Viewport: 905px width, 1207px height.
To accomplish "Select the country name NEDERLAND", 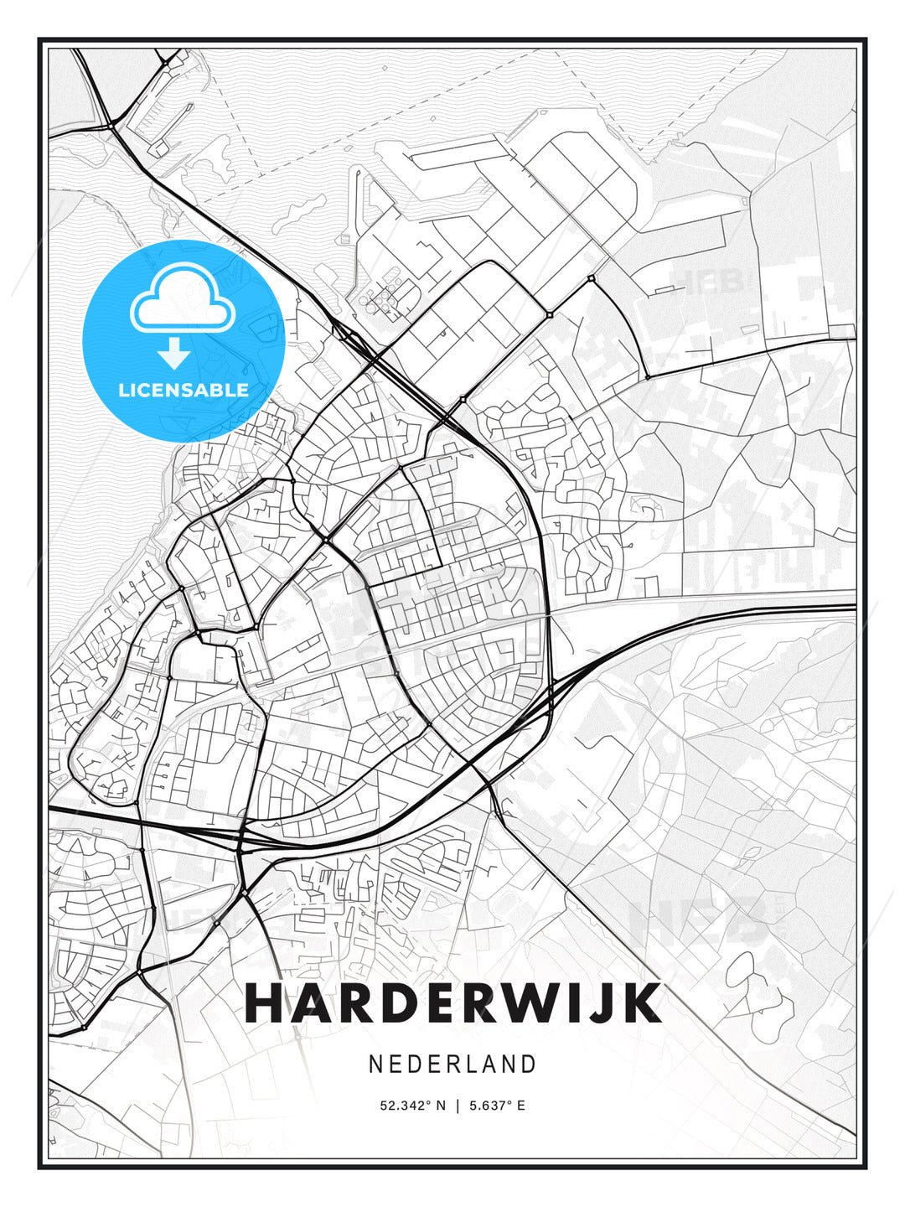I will tap(452, 1064).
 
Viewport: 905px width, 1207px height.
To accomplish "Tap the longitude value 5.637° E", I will tap(497, 1106).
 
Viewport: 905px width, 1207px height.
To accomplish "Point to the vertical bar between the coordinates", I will tap(458, 1106).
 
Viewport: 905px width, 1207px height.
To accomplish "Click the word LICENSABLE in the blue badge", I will tap(184, 390).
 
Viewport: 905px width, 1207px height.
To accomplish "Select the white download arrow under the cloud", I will tap(174, 353).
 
